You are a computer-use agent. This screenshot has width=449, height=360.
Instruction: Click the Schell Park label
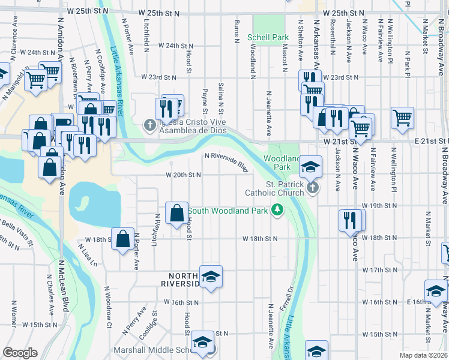pyautogui.click(x=268, y=37)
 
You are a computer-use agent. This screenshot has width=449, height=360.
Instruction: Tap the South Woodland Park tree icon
pyautogui.click(x=277, y=209)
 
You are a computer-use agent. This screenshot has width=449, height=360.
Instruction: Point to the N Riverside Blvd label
pyautogui.click(x=226, y=162)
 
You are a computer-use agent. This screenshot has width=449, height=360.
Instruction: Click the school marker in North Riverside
pyautogui.click(x=211, y=277)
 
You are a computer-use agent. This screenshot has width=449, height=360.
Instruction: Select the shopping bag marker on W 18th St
pyautogui.click(x=123, y=239)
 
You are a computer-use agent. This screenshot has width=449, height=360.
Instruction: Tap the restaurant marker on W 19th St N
pyautogui.click(x=350, y=220)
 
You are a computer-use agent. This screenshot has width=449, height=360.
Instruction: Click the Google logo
pyautogui.click(x=20, y=353)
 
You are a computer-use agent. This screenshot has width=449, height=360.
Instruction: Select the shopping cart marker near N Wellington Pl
pyautogui.click(x=402, y=118)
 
